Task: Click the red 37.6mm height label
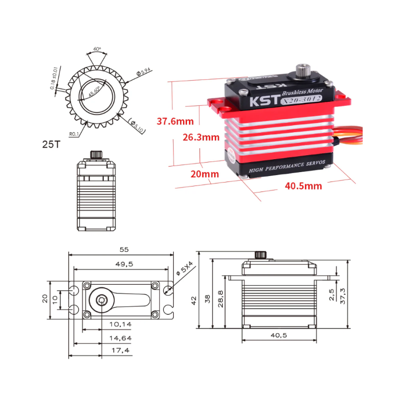click(x=175, y=121)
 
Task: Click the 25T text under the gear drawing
click(x=51, y=145)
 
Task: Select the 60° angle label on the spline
click(x=97, y=49)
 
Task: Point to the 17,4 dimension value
click(x=120, y=351)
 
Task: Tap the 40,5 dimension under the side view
click(x=278, y=336)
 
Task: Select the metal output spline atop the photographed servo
click(x=303, y=71)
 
